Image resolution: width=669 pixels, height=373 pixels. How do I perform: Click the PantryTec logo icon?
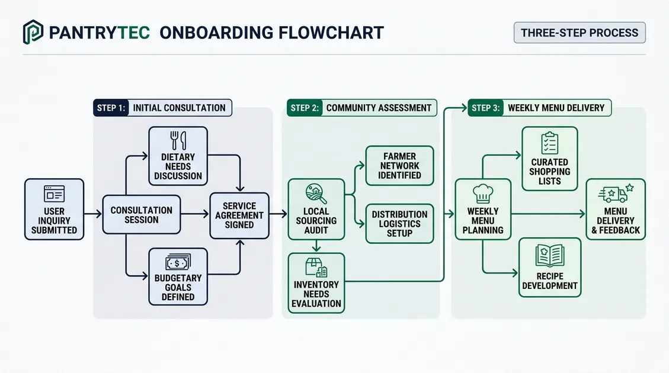click(33, 32)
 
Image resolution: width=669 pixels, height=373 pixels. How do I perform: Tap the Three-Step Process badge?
click(580, 33)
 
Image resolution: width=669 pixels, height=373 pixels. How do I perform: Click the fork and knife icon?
click(178, 140)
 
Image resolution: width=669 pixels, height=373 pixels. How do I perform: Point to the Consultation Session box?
click(141, 214)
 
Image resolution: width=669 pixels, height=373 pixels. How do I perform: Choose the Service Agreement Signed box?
click(239, 216)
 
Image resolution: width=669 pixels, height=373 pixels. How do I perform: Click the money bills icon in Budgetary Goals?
click(178, 262)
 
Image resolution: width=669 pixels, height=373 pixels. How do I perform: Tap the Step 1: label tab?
click(111, 108)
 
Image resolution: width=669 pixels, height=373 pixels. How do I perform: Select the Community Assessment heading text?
click(379, 108)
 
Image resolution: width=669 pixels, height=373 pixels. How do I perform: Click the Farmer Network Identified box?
click(399, 166)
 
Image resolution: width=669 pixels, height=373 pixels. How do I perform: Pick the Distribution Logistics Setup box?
click(399, 223)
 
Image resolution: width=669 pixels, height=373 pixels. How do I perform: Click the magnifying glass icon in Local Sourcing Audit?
click(316, 194)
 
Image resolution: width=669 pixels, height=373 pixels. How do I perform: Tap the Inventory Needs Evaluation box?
click(316, 283)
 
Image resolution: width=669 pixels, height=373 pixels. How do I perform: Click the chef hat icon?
click(483, 194)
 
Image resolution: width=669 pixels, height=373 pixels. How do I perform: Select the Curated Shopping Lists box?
click(549, 159)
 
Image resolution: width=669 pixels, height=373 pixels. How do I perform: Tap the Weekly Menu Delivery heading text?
click(556, 108)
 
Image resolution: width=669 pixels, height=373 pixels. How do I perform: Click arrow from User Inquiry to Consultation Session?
click(93, 214)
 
